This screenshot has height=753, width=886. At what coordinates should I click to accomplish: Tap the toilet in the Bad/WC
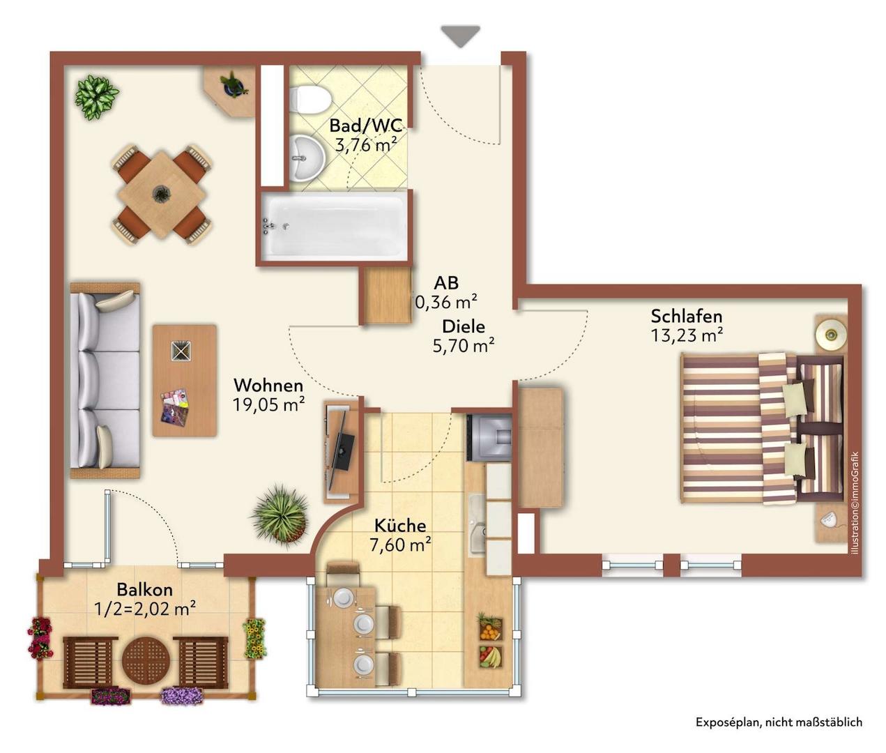click(310, 99)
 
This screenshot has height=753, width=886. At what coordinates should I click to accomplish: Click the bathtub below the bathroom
click(334, 227)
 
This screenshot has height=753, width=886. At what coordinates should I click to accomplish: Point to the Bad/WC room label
click(366, 125)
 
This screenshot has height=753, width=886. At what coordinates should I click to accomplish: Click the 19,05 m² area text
click(269, 404)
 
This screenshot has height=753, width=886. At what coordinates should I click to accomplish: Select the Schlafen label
click(686, 317)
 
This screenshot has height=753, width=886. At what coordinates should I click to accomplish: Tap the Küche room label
click(400, 525)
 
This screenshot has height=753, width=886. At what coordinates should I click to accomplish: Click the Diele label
click(464, 327)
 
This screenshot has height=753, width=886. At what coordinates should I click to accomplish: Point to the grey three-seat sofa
click(105, 380)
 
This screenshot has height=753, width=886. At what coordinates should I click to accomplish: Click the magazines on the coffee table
click(175, 405)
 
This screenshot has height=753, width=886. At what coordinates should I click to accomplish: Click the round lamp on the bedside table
click(831, 333)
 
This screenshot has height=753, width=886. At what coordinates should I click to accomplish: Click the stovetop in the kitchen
click(489, 437)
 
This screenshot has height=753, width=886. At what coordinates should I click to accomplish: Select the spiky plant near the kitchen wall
click(280, 515)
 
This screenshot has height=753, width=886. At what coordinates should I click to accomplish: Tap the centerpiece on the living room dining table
click(161, 194)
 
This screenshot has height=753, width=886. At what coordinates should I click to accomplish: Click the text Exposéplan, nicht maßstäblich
click(779, 722)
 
